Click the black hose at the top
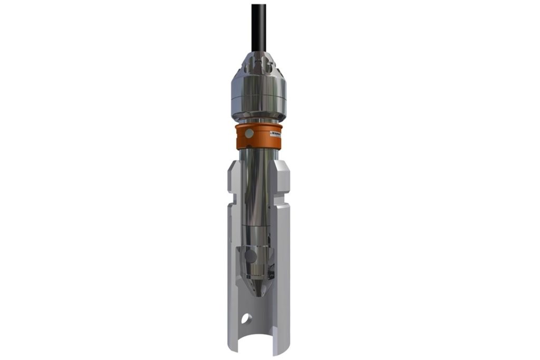258,24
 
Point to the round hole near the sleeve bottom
245,318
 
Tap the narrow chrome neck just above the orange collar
258,121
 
